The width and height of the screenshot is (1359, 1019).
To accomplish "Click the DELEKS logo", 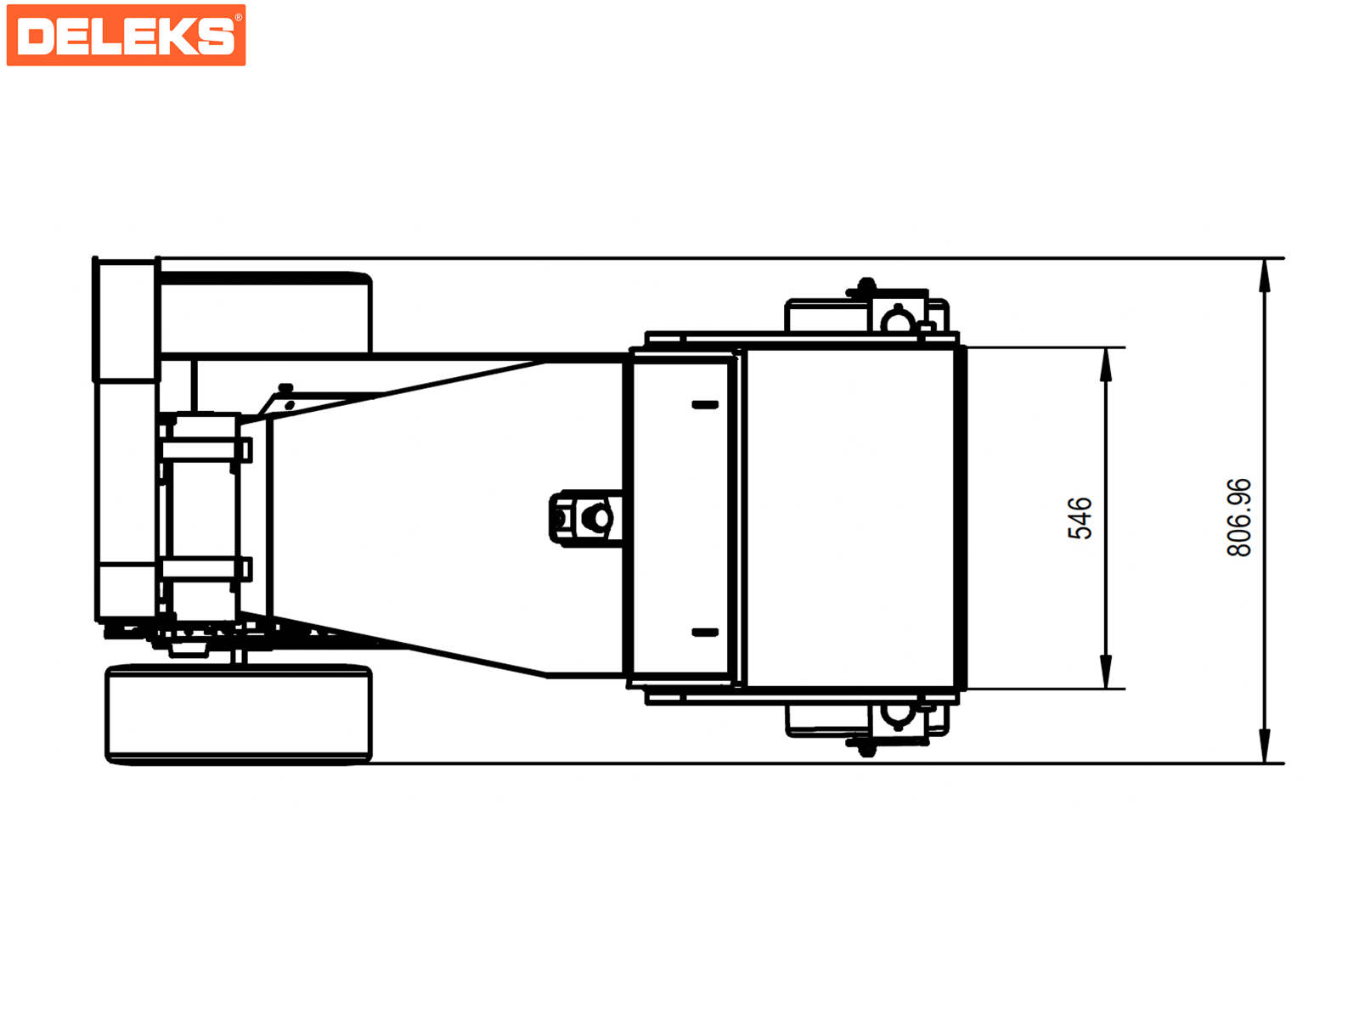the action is pyautogui.click(x=126, y=36).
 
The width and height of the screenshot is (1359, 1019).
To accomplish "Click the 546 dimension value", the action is pyautogui.click(x=1080, y=519).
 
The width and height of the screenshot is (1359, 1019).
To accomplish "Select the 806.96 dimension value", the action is pyautogui.click(x=1238, y=518).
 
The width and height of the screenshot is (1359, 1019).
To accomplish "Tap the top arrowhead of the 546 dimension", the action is pyautogui.click(x=1105, y=365).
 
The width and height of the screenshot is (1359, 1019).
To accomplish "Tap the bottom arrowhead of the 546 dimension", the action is pyautogui.click(x=1105, y=672).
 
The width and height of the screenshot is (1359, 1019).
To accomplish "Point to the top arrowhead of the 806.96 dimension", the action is pyautogui.click(x=1264, y=276).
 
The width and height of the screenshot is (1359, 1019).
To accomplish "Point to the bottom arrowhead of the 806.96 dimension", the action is pyautogui.click(x=1264, y=746).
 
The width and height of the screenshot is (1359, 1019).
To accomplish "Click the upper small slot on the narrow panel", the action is pyautogui.click(x=705, y=405).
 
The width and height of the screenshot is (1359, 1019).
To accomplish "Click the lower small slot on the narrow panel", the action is pyautogui.click(x=705, y=633).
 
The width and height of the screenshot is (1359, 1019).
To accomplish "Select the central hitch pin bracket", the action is pyautogui.click(x=586, y=518).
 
